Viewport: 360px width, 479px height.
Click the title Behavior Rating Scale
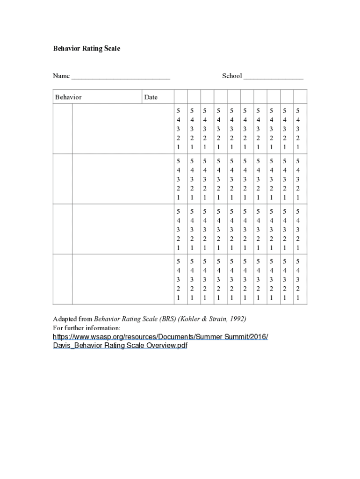click(x=86, y=49)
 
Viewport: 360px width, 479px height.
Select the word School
click(x=231, y=76)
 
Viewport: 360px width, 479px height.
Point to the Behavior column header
click(x=68, y=97)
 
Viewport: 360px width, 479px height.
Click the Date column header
click(x=151, y=97)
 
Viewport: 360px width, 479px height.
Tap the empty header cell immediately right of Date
click(x=180, y=97)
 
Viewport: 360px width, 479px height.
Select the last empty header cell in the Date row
click(x=300, y=97)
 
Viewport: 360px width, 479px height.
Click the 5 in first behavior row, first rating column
click(x=178, y=111)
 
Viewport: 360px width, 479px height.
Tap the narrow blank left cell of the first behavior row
click(x=62, y=129)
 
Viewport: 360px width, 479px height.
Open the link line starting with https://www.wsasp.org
click(x=160, y=337)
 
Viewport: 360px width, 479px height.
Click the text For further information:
click(x=86, y=328)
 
